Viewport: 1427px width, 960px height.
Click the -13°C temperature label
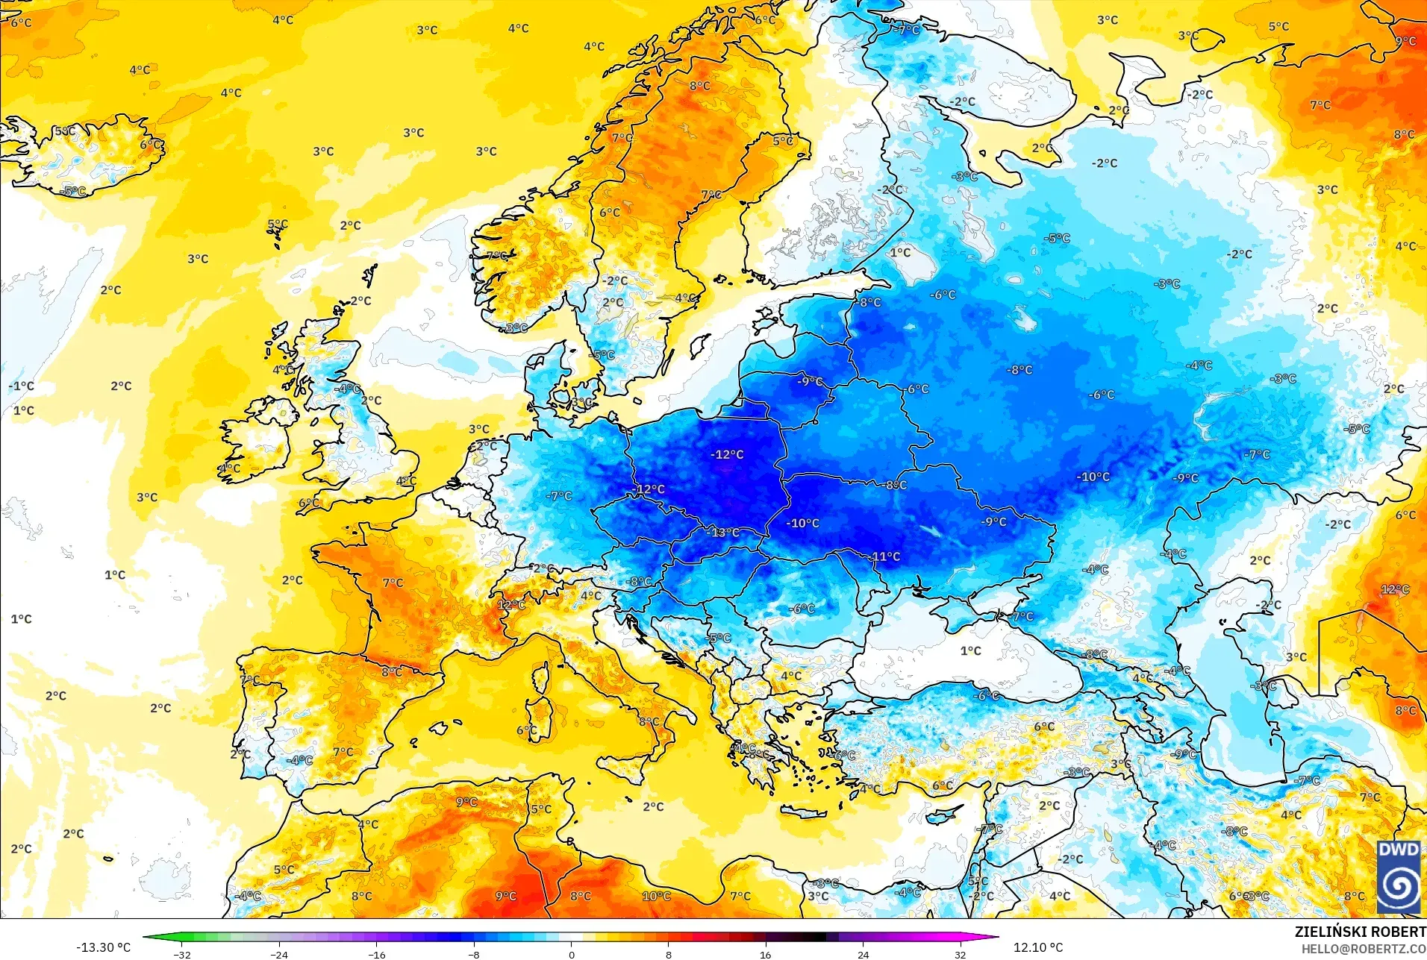724,533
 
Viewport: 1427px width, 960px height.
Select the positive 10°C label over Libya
656,896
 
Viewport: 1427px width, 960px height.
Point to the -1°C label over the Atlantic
22,386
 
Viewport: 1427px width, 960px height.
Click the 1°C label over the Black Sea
970,651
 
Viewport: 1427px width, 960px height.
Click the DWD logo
1398,876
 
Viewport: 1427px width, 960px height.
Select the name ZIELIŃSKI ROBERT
1360,932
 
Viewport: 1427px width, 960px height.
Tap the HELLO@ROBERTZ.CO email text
1364,949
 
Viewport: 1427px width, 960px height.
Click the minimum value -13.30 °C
103,947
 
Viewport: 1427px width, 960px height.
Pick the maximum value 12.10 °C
1037,947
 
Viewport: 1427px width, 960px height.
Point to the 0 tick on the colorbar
571,954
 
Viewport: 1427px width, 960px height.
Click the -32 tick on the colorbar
182,954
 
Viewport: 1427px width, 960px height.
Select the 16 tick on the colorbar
765,954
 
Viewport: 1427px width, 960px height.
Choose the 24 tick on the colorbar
863,954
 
